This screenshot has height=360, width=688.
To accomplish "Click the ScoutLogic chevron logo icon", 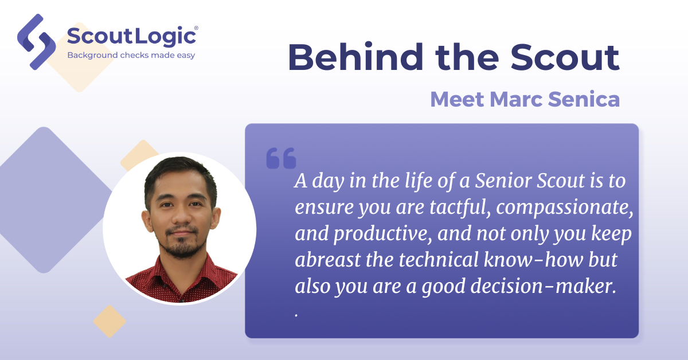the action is [x=36, y=42].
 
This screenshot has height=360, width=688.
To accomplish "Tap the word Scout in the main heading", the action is [x=565, y=57].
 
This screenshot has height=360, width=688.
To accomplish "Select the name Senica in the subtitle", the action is [x=584, y=99].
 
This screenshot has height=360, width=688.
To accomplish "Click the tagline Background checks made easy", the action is [x=131, y=55].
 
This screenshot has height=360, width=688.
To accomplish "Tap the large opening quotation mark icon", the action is [x=281, y=158].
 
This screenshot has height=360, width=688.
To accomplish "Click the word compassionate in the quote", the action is [x=565, y=208].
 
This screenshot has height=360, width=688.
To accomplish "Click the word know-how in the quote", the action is [x=533, y=260].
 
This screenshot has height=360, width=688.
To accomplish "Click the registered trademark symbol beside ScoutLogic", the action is [x=196, y=28].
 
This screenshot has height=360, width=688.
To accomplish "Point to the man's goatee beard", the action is [x=182, y=244].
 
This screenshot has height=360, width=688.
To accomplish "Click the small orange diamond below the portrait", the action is [x=110, y=321].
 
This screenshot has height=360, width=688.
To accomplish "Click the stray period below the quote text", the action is [x=296, y=315].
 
